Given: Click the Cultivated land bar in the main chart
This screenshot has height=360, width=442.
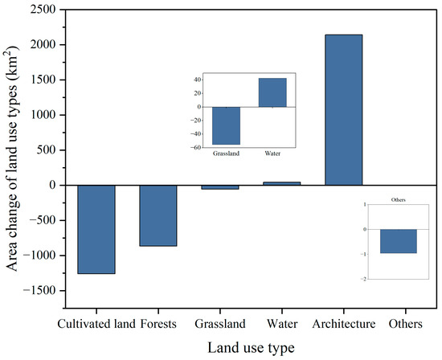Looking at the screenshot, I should point(96,229).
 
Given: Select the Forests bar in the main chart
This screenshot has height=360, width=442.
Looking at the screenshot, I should point(158,215).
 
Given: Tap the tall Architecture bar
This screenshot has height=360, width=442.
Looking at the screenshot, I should point(343,110).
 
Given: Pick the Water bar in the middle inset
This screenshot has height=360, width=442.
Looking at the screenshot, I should point(272,92).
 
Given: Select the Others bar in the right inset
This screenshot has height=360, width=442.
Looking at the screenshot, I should point(399,241).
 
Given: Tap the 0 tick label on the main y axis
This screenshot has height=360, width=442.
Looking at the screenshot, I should point(50,186).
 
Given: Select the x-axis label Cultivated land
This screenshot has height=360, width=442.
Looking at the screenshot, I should point(96,325).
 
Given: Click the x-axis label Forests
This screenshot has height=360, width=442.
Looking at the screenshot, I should point(158,325).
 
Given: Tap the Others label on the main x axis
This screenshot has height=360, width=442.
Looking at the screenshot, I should point(405,325).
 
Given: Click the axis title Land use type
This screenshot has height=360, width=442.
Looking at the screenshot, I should point(251,347).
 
